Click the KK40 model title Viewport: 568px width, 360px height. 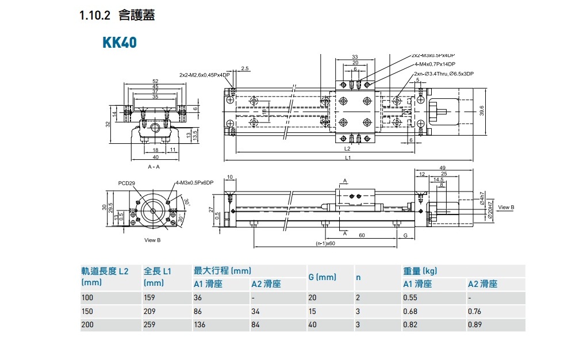coord(120,43)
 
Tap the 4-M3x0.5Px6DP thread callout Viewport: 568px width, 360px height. coord(194,182)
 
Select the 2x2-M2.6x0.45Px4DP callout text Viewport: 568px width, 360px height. coord(204,75)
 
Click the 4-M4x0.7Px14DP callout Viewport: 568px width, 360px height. coord(435,64)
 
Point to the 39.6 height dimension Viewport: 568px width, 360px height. coord(481,110)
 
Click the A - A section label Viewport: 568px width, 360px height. coord(153,166)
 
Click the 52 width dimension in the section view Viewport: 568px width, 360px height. coord(155,81)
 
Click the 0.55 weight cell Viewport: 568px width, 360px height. coord(409,298)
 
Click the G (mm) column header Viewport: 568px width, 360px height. coord(322,277)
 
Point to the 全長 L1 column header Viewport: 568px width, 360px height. coord(158,271)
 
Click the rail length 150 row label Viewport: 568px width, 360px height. coord(87,311)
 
